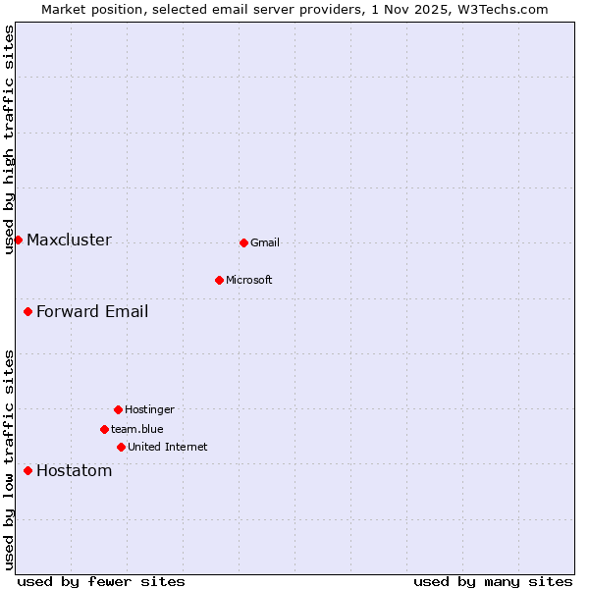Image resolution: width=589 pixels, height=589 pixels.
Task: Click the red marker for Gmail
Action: (243, 242)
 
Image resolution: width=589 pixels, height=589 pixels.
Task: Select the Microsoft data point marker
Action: (219, 280)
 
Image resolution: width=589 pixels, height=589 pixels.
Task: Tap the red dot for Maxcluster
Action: (18, 240)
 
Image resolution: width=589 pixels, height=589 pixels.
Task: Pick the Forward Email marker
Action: (27, 311)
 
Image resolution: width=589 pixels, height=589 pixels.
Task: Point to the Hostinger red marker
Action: (118, 409)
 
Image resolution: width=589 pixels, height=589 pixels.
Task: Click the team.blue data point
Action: (104, 429)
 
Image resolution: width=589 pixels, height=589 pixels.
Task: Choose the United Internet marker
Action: (121, 447)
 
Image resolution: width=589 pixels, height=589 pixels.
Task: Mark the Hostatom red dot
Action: (27, 470)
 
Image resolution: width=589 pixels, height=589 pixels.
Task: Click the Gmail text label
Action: (265, 242)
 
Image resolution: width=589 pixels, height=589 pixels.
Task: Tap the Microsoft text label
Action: (249, 280)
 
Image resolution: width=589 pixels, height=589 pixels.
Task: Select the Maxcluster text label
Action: (69, 240)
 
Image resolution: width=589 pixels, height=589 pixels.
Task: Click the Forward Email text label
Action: (92, 311)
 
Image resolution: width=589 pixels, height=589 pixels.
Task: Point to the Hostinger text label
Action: (149, 409)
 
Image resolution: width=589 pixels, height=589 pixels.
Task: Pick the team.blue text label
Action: (137, 429)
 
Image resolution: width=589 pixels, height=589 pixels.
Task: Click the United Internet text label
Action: (168, 447)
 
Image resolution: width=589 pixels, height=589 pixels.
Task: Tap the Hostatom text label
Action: (75, 470)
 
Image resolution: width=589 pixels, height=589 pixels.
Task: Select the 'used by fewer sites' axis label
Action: (101, 581)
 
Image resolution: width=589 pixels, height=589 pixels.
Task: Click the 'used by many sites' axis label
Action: (493, 581)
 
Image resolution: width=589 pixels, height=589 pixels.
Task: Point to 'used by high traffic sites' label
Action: (9, 139)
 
